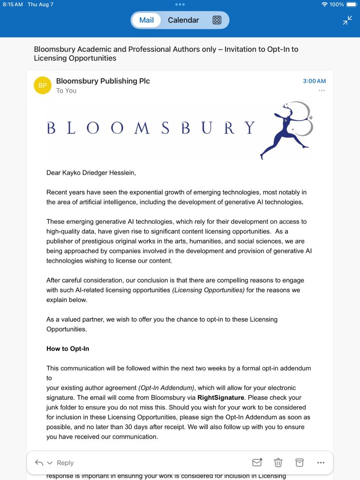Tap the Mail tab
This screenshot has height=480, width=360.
click(146, 20)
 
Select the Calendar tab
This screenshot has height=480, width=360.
click(183, 20)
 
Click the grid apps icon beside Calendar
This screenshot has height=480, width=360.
click(217, 20)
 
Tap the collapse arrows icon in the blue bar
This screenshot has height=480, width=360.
click(348, 20)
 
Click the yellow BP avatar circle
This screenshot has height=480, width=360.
click(43, 85)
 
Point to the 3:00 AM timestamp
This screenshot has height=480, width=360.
click(314, 81)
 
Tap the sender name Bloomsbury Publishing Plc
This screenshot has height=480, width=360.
click(103, 81)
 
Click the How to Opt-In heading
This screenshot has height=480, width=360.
click(68, 348)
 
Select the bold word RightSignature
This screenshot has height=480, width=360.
click(221, 397)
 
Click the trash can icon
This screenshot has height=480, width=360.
click(278, 463)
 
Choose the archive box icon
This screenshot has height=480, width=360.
click(300, 463)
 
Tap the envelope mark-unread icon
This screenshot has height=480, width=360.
click(257, 463)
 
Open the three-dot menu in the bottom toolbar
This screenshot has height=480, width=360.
click(321, 463)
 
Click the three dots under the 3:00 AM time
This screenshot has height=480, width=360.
click(322, 91)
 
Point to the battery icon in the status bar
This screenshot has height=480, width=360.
click(352, 4)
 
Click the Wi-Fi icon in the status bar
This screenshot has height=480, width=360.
click(324, 4)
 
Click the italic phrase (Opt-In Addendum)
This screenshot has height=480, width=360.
click(166, 388)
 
